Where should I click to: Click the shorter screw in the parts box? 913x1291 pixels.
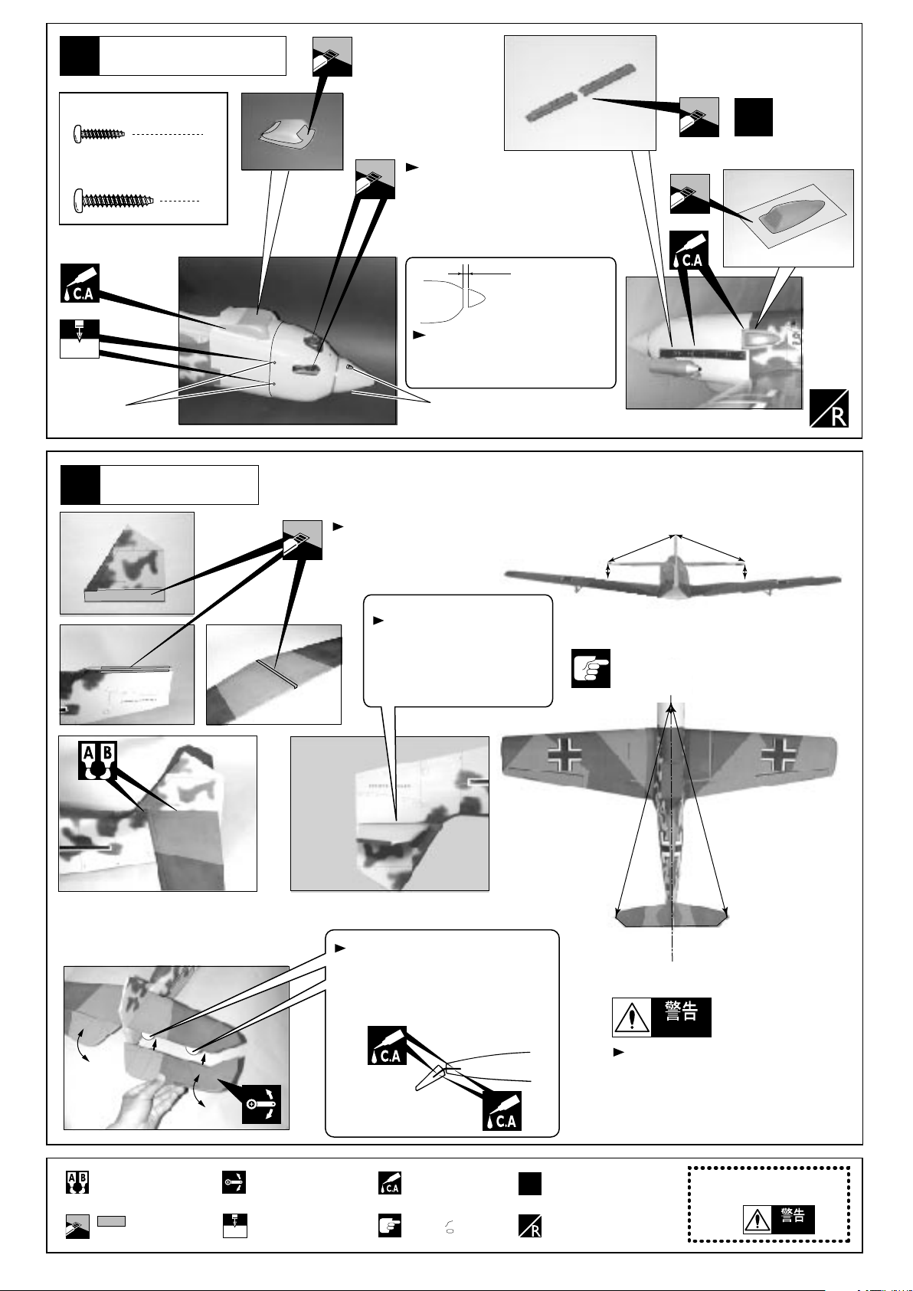point(99,134)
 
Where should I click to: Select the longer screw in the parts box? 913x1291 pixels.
point(113,201)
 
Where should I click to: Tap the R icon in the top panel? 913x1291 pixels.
point(829,408)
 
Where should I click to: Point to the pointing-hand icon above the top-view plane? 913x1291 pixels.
point(591,669)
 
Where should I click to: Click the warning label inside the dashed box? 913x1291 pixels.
point(779,1217)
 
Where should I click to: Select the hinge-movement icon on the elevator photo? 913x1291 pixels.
point(261,1104)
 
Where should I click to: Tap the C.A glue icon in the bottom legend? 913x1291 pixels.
point(389,1183)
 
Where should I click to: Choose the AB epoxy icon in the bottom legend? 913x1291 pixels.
point(77,1183)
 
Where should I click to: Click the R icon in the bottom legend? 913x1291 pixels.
point(530,1226)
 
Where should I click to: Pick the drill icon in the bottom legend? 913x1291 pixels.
point(234,1226)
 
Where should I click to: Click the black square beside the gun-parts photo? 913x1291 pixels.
point(754,117)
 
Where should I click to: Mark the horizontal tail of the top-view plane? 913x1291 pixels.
point(672,916)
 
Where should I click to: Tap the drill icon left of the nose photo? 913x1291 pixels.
point(80,339)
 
